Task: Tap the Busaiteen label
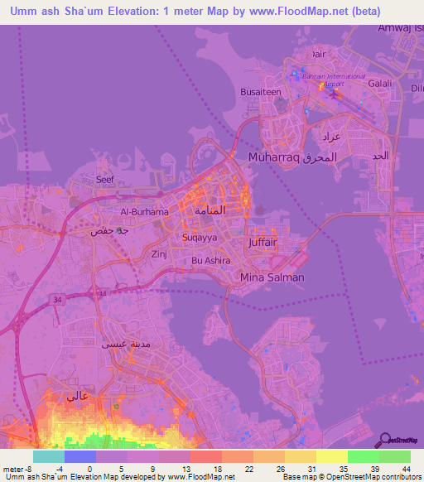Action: coord(260,94)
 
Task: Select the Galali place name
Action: coord(379,84)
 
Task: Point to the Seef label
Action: coord(104,179)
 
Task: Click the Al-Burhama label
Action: coord(144,212)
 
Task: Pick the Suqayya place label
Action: coord(200,237)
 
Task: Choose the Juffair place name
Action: coord(263,243)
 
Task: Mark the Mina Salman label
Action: coord(272,277)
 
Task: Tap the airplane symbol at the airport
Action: coord(335,94)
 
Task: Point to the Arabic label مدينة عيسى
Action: coord(119,344)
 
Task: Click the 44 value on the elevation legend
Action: coord(406,469)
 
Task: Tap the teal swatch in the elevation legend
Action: coord(48,456)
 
